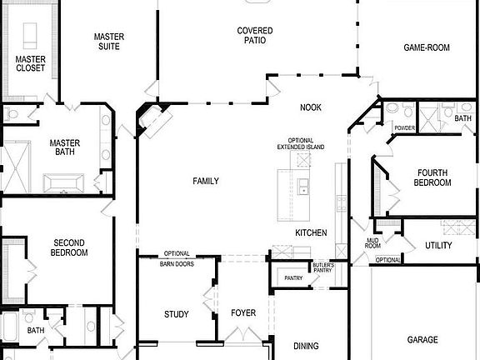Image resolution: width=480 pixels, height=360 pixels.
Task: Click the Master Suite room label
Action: point(108,42)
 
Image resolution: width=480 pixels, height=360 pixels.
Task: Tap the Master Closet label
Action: point(31,62)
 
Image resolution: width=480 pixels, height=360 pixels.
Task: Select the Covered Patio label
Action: point(254,36)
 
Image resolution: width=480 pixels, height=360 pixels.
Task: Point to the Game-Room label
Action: point(427,48)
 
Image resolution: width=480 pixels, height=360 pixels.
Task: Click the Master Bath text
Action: point(64,147)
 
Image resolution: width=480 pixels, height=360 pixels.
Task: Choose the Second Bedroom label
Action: point(69,247)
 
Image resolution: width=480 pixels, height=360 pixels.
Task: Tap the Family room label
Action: point(206,181)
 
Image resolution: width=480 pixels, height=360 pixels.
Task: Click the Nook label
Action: point(311,107)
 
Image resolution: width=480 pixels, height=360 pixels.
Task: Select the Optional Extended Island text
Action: point(300,143)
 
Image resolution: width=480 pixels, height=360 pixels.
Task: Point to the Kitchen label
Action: point(311,232)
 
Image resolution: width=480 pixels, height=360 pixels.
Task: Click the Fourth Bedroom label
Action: point(433,177)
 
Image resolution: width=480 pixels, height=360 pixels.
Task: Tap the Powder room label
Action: point(404,128)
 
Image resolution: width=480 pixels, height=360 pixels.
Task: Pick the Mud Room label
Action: point(372,243)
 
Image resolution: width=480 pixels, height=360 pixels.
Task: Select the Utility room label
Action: point(438,245)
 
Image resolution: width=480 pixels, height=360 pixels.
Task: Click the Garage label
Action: point(422,340)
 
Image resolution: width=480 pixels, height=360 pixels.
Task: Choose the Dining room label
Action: point(306,345)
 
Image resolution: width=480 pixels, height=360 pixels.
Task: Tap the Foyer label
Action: point(243,313)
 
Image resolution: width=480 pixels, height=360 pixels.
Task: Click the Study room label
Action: point(176,314)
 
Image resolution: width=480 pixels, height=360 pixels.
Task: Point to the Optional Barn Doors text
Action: point(177,258)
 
